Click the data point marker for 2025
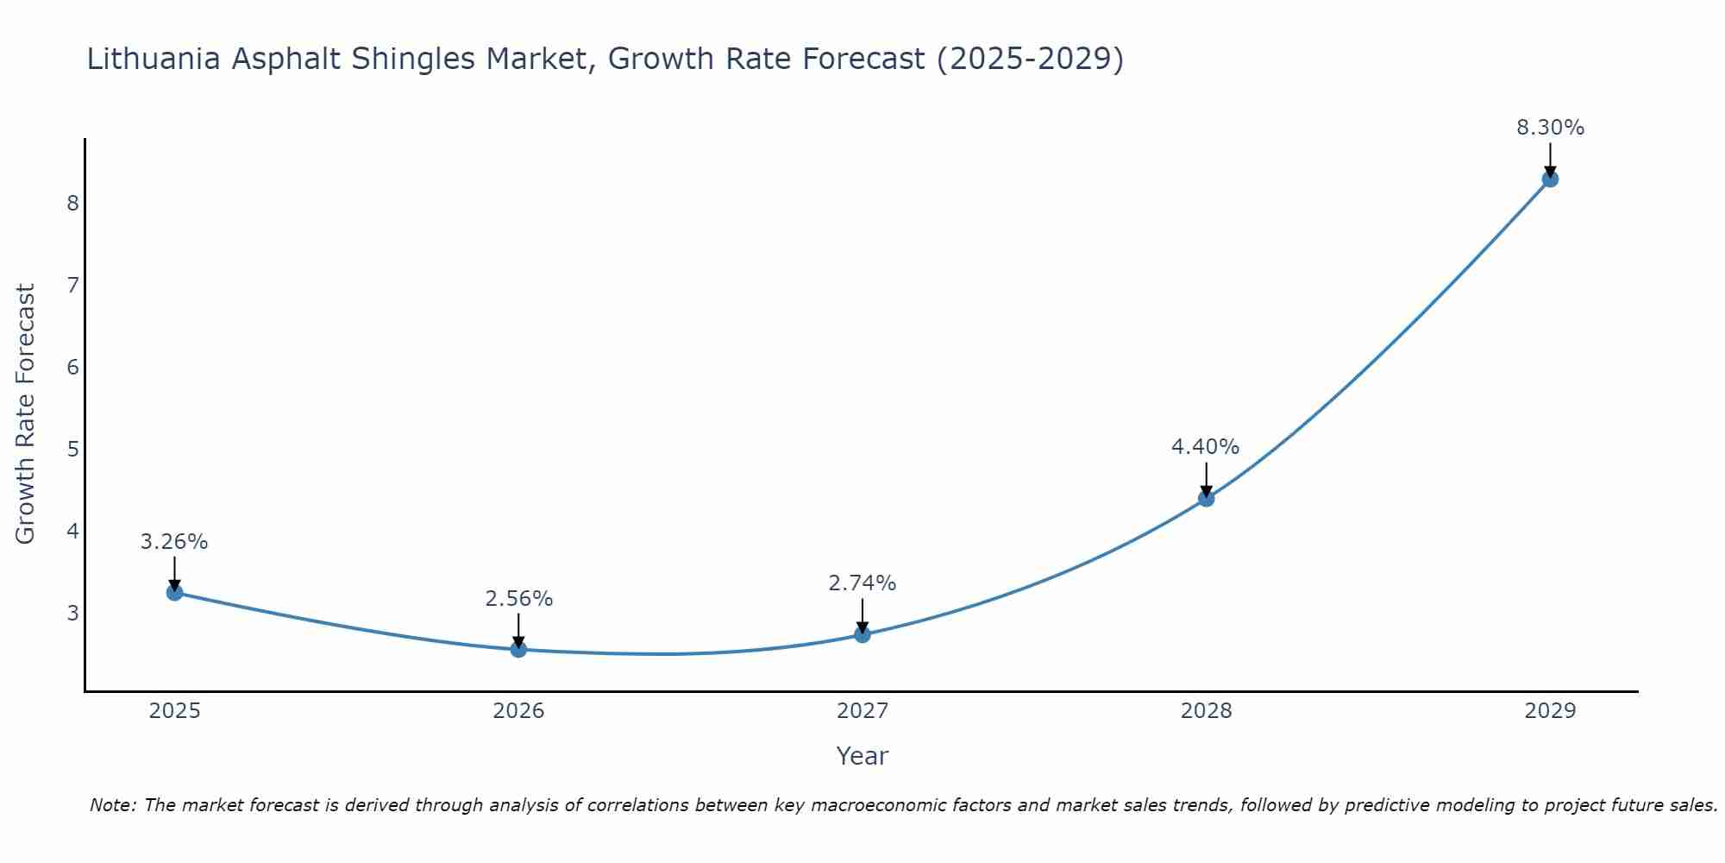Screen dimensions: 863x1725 [x=174, y=592]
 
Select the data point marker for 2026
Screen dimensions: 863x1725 [x=518, y=649]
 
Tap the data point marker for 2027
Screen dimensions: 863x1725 [x=862, y=634]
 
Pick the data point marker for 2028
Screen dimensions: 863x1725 [x=1206, y=498]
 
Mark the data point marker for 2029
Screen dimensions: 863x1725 [x=1550, y=179]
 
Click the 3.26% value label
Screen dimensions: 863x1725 [x=174, y=542]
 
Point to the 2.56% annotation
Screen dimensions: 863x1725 [x=518, y=599]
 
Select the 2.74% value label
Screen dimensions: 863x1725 [x=862, y=583]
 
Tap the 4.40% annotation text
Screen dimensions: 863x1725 [x=1206, y=447]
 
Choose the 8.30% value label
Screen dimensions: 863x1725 [x=1550, y=128]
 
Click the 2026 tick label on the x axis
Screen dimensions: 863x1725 [x=518, y=711]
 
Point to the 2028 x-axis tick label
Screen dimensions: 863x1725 [x=1206, y=711]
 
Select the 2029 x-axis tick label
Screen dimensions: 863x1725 [x=1550, y=711]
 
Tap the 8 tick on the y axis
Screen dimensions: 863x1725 [x=72, y=203]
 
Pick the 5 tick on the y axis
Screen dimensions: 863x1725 [x=72, y=449]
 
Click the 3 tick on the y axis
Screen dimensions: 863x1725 [x=72, y=613]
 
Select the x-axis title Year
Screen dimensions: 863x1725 [x=862, y=756]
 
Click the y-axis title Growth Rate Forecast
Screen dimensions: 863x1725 [x=26, y=414]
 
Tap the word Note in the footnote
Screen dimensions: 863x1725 [x=111, y=805]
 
